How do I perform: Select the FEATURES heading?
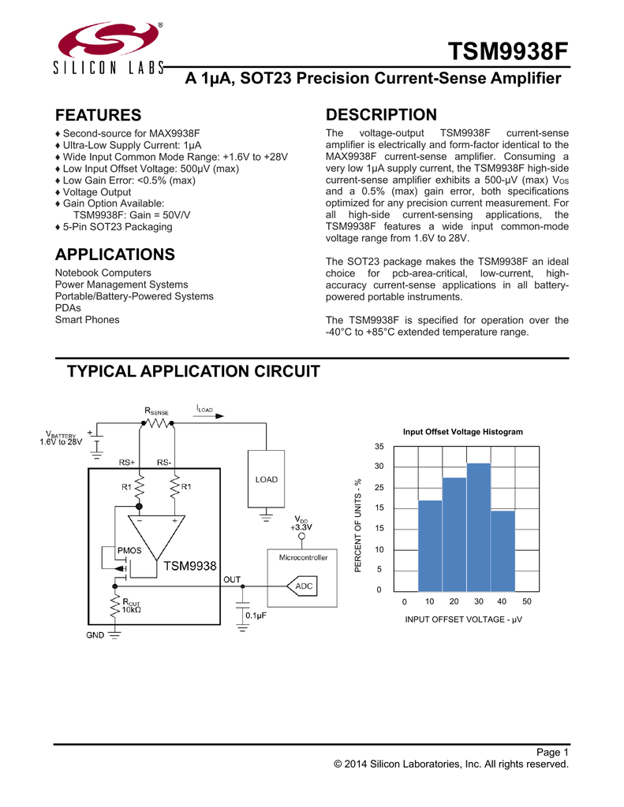(x=99, y=116)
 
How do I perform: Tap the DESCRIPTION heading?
(x=381, y=114)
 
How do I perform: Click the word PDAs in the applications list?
(x=68, y=308)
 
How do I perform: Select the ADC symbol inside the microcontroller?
(x=303, y=586)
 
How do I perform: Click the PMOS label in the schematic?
(x=129, y=549)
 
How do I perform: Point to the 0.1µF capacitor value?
(x=259, y=615)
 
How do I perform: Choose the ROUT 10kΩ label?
(x=131, y=606)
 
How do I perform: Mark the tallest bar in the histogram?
(x=478, y=527)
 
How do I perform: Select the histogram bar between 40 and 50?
(x=503, y=551)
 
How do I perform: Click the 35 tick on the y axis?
(x=379, y=446)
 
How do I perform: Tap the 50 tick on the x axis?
(x=527, y=601)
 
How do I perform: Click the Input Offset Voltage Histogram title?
(x=462, y=432)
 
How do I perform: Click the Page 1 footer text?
(x=551, y=751)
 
